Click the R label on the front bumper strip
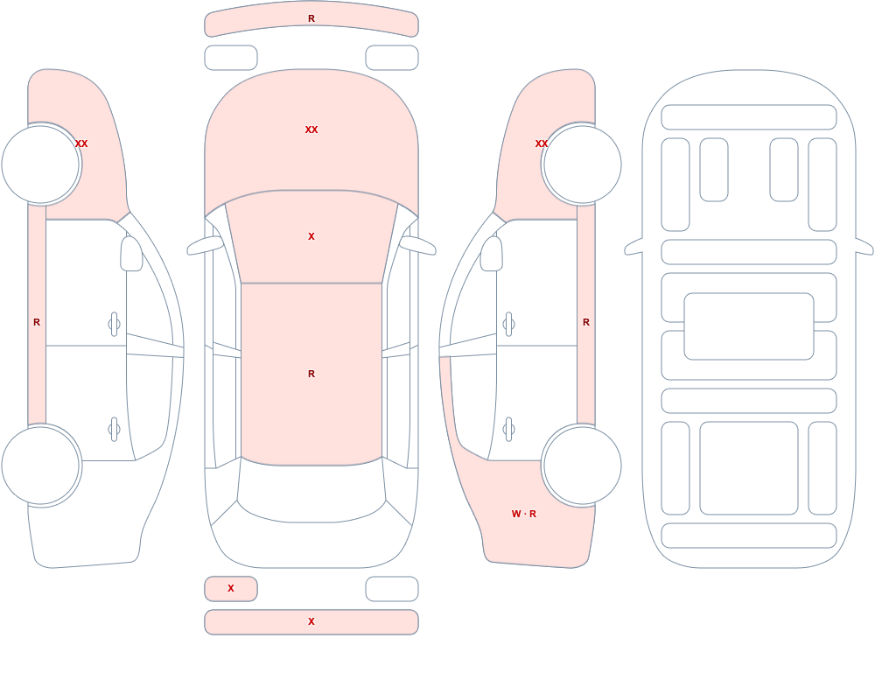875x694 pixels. coord(311,18)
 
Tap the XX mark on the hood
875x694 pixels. coord(311,130)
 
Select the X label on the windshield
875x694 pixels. coord(311,237)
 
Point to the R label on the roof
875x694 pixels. coord(311,374)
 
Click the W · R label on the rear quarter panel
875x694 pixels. coord(524,514)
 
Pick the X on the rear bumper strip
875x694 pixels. coord(311,621)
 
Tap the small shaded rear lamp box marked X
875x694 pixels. coord(231,588)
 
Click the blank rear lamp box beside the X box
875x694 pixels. coord(392,588)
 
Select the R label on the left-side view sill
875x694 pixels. coord(37,322)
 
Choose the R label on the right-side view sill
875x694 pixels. coord(586,322)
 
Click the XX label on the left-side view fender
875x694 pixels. coord(81,144)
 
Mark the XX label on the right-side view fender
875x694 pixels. coord(542,144)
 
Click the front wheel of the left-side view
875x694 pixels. coord(41,165)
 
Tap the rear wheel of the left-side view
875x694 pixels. coord(41,465)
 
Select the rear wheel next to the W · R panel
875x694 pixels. coord(582,465)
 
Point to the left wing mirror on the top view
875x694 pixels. coord(204,245)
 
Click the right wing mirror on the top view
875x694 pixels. coord(418,245)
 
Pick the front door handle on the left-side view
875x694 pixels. coord(115,324)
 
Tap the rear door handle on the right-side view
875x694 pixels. coord(508,430)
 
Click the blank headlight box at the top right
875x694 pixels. coord(392,58)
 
